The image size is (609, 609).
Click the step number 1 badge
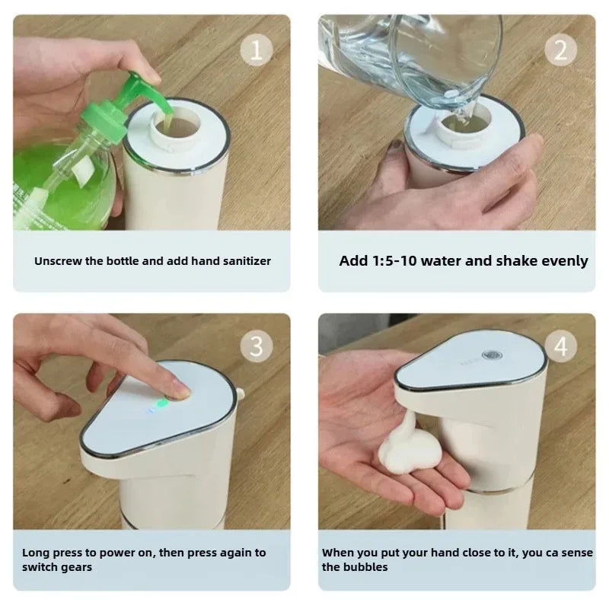[257, 50]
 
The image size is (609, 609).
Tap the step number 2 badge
[561, 50]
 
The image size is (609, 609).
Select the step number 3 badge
[257, 347]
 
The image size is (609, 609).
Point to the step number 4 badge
[561, 347]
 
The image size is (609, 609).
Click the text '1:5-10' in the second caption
[397, 261]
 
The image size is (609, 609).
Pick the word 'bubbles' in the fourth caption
[365, 567]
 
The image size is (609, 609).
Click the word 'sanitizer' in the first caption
[246, 261]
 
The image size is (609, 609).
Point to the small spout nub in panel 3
[241, 394]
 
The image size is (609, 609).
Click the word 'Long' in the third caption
[34, 553]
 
